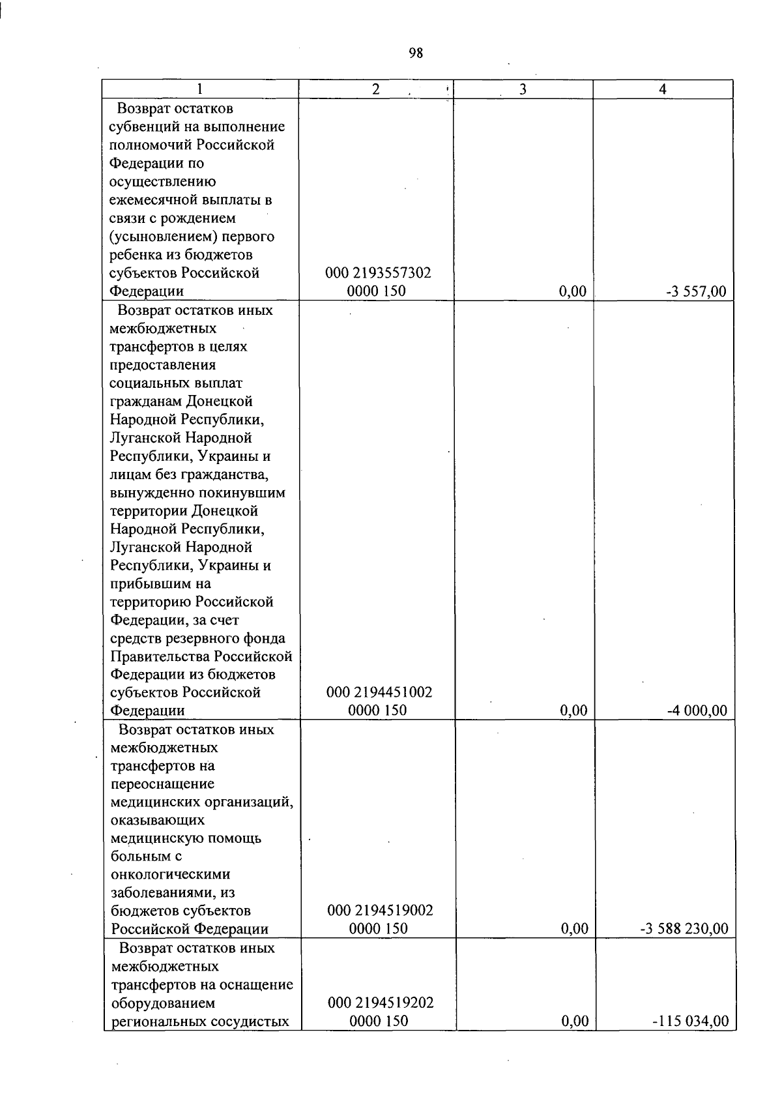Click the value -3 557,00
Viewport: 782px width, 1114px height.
coord(695,291)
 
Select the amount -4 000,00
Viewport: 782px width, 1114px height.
coord(697,711)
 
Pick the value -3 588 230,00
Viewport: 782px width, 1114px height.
coord(684,929)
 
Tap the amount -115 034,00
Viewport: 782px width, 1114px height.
coord(690,1021)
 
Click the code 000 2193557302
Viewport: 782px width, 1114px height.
coord(378,273)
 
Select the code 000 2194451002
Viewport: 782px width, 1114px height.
coord(379,692)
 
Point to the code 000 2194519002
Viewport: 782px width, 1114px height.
coord(379,911)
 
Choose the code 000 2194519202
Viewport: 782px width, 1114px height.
coord(379,1003)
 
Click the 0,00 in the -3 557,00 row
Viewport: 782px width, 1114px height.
coord(573,291)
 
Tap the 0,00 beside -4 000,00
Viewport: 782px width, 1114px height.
coord(573,711)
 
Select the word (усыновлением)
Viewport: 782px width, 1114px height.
coord(156,237)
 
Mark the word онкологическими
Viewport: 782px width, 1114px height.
coord(171,874)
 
